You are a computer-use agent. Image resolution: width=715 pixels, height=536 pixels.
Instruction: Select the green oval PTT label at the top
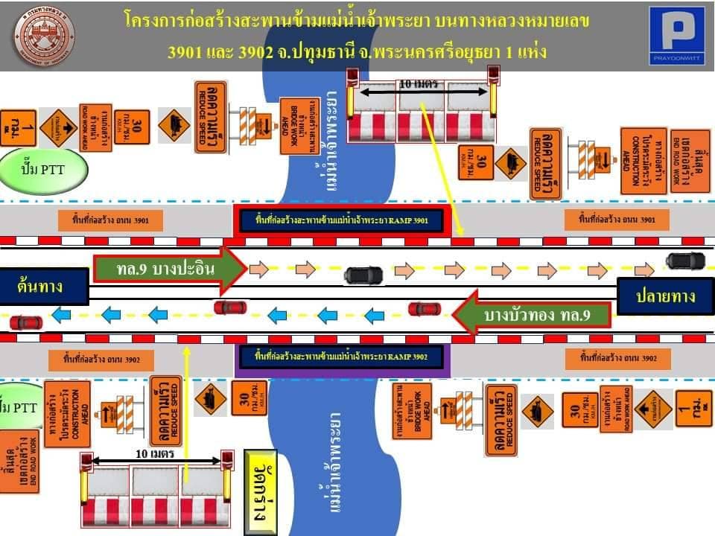pos(44,169)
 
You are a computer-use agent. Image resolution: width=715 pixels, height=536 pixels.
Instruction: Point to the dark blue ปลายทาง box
pos(665,296)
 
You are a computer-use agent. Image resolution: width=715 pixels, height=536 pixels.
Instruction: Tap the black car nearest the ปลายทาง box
pos(685,261)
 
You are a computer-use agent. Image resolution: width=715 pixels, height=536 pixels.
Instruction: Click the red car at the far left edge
pos(26,322)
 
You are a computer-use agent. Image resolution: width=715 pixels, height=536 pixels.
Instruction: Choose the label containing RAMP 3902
pos(342,357)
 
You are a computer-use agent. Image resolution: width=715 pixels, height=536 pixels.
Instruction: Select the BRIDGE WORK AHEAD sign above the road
pos(299,127)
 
